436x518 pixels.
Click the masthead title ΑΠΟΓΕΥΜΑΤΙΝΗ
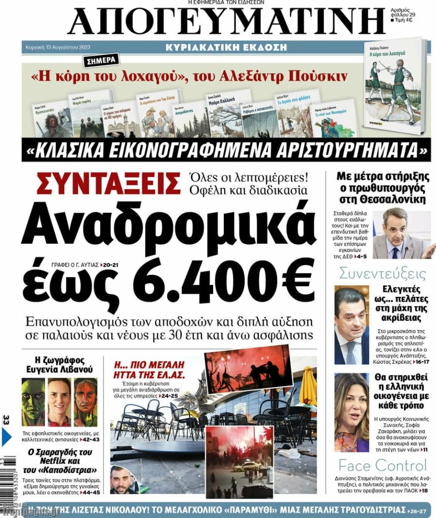click(x=226, y=23)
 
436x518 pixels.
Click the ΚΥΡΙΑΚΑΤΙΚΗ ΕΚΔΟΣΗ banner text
click(x=226, y=48)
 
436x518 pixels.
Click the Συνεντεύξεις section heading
click(x=383, y=274)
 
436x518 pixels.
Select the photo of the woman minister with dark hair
click(x=351, y=412)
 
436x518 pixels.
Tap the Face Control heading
click(x=383, y=465)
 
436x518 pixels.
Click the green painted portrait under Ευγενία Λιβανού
click(x=33, y=403)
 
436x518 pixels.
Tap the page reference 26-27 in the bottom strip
click(x=420, y=509)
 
